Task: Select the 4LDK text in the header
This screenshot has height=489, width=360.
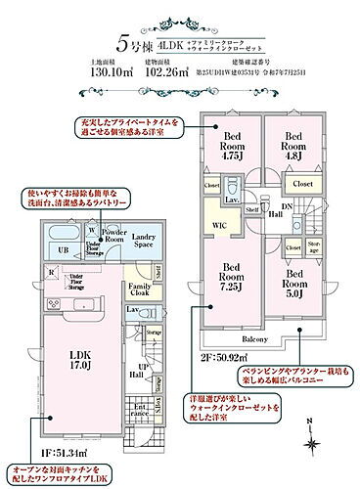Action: point(175,43)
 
